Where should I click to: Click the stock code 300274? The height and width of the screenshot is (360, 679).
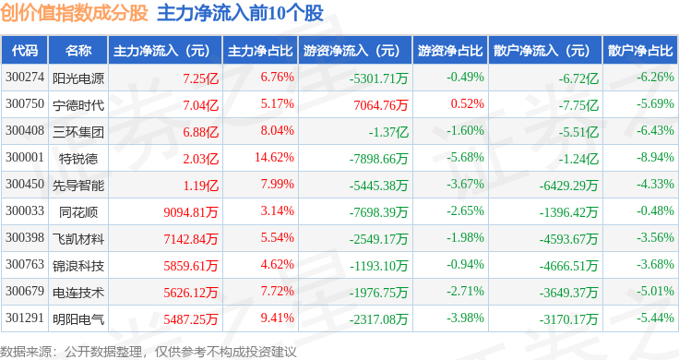point(25,78)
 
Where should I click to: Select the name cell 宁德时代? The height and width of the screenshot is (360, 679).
point(78,105)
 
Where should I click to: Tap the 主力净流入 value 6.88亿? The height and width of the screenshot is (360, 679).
point(200,132)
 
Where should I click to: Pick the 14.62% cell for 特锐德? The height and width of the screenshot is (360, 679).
point(274,157)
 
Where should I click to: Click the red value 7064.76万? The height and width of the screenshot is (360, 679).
point(381,105)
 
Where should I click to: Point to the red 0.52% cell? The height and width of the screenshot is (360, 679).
point(467,104)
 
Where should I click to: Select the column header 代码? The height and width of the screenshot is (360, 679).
point(25,51)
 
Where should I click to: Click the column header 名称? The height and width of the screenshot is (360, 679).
point(78,51)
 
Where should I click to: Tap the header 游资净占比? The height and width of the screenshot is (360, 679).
point(450,51)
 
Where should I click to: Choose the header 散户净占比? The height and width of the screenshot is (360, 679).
point(640,51)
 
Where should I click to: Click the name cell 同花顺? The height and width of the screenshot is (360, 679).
point(78,212)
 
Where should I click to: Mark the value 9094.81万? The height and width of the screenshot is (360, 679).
point(191,212)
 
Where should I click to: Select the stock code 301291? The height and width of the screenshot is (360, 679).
point(25,318)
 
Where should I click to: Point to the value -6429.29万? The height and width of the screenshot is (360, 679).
point(568,186)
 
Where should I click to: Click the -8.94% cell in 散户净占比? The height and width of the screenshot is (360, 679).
point(655,157)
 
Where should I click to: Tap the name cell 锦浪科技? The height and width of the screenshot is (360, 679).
point(78,266)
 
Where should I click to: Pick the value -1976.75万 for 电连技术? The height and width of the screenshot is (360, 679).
point(379,293)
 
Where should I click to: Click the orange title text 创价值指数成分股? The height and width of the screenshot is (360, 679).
point(75,13)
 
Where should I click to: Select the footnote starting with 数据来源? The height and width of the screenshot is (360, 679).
point(149,352)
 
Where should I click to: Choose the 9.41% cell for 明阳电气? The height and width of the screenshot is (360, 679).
point(277,318)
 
